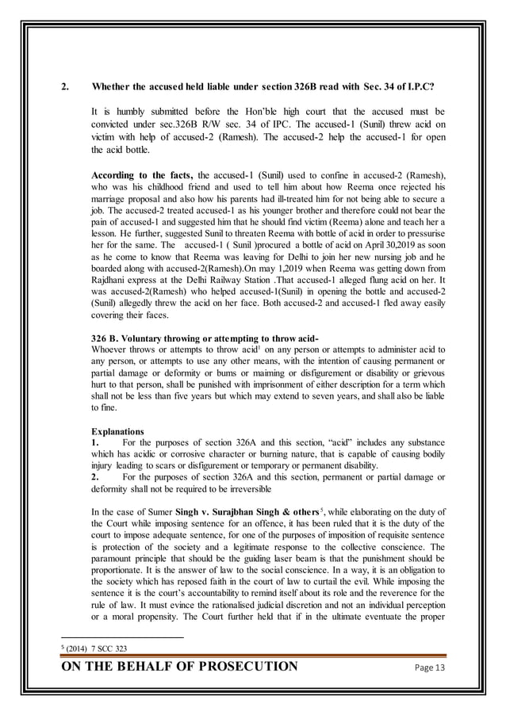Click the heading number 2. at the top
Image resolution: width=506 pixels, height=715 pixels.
coord(67,85)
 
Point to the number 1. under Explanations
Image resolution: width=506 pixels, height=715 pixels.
coord(96,444)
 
